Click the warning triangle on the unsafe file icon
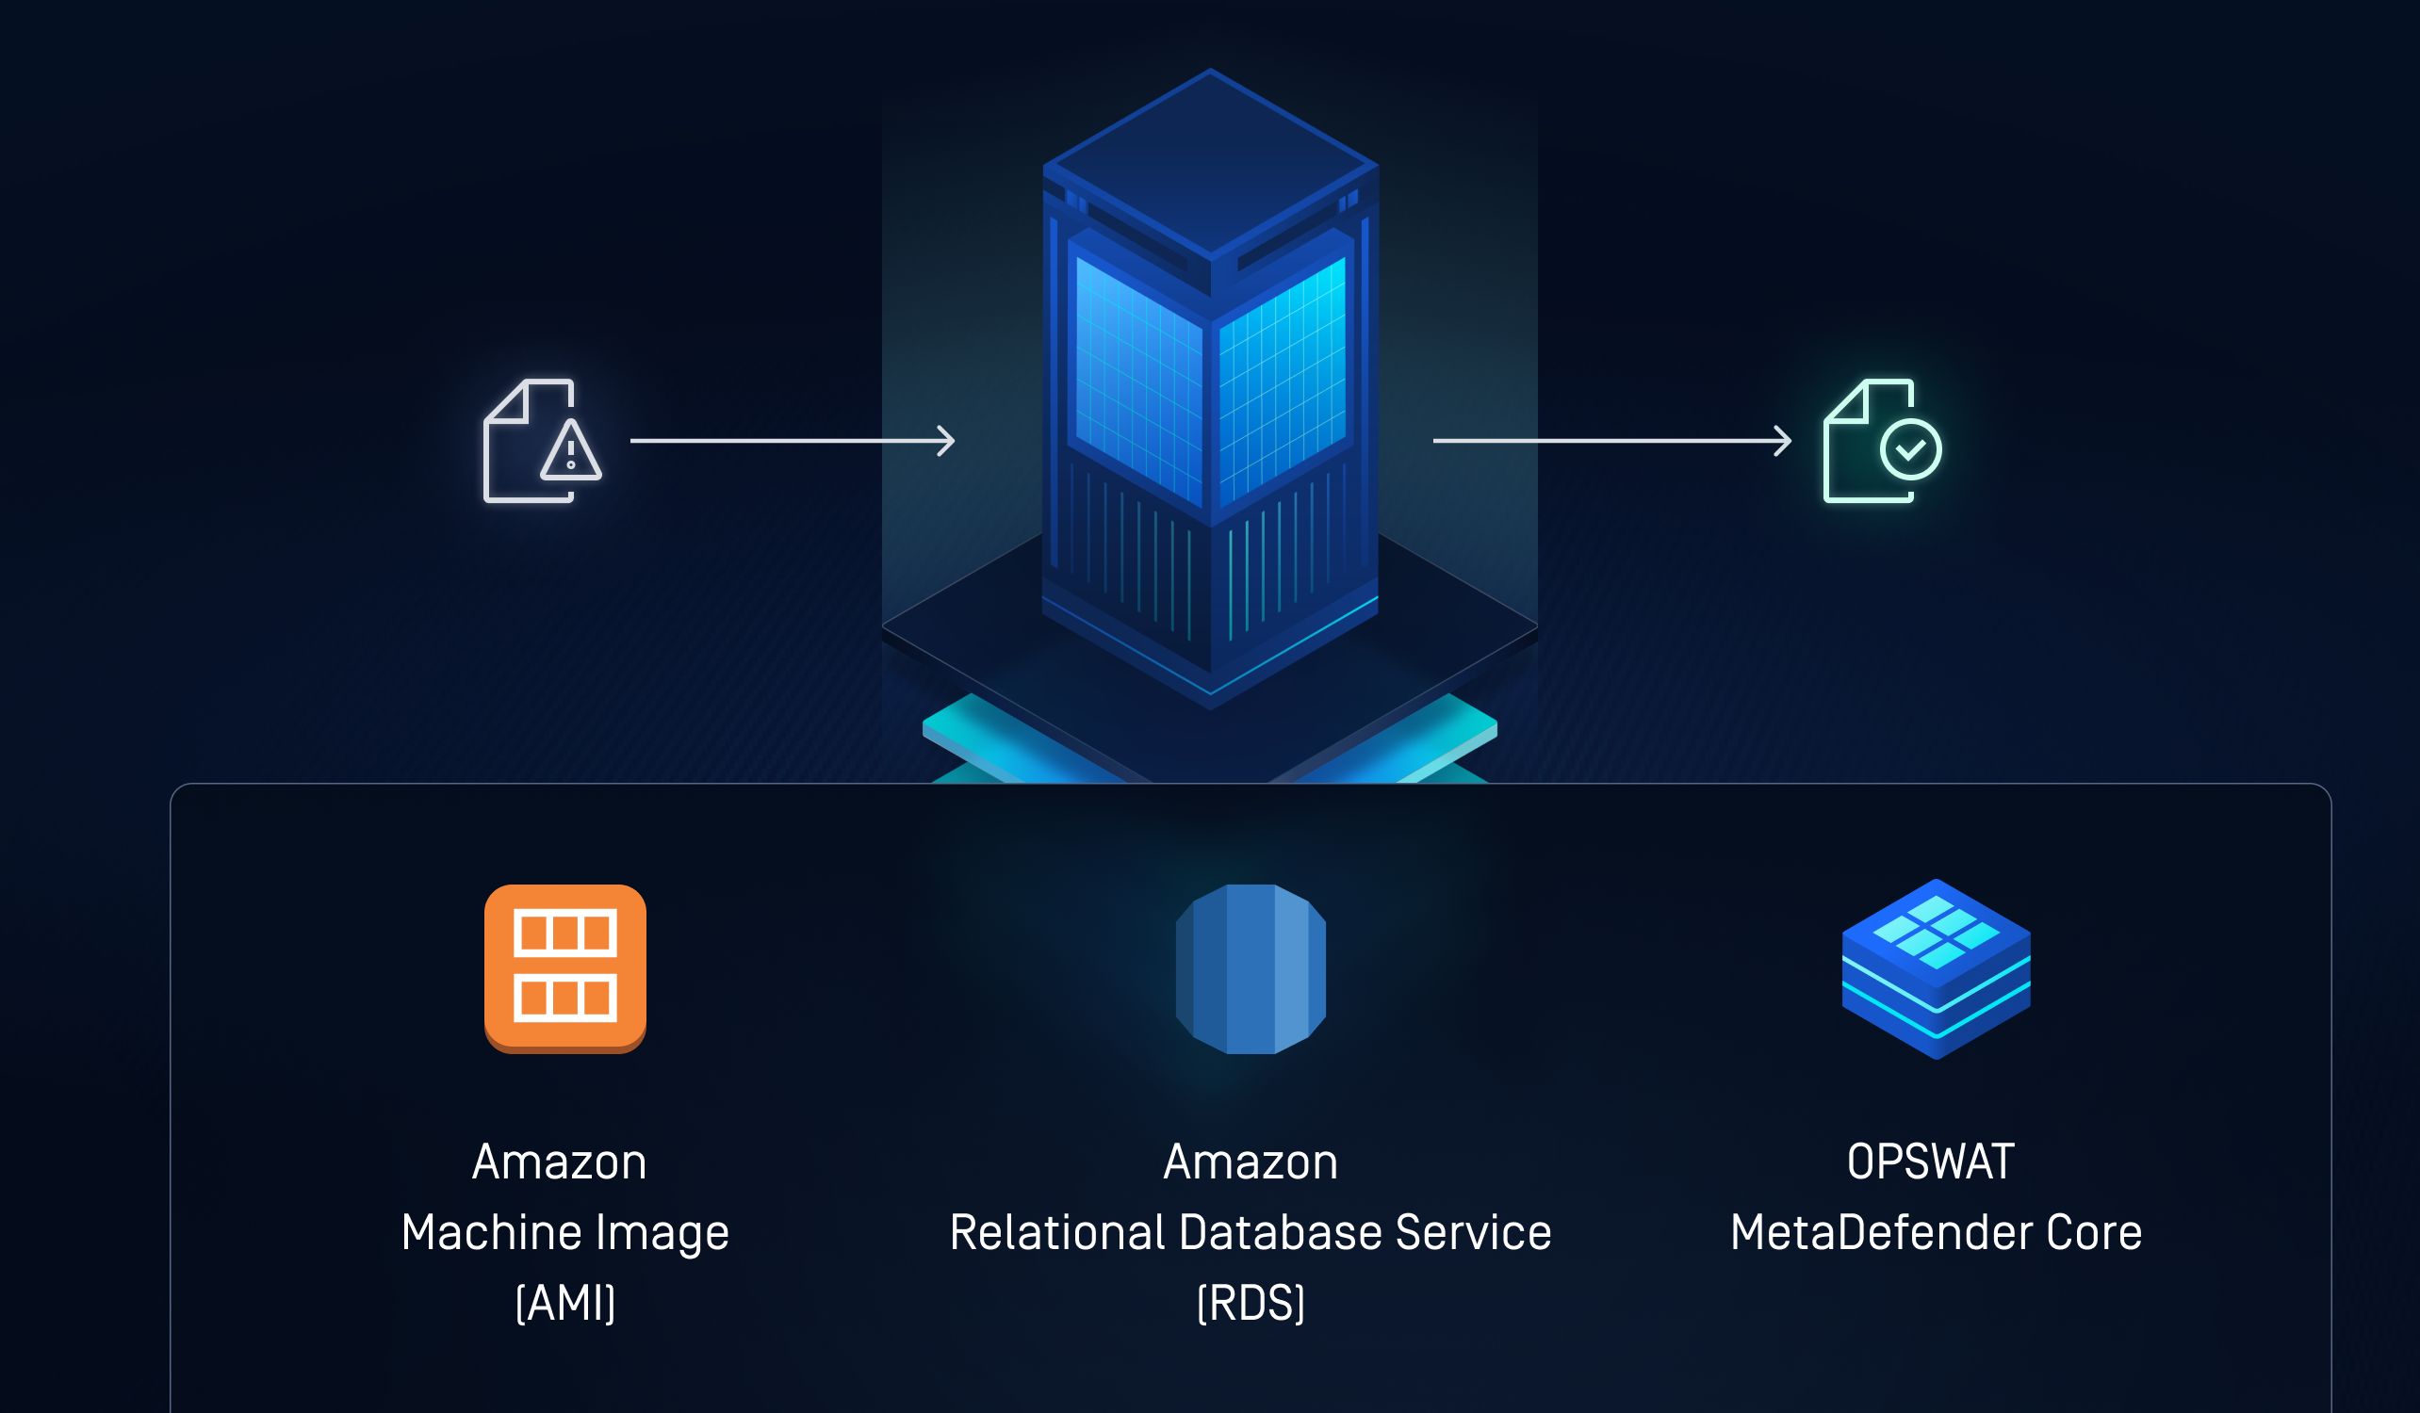tap(570, 451)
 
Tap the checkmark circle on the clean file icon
tap(1910, 448)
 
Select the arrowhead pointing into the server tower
tap(947, 441)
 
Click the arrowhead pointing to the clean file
tap(1782, 441)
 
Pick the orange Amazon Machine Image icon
tap(564, 967)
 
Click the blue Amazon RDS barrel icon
tap(1251, 968)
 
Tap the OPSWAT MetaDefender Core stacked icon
tap(1935, 968)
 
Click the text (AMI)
tap(564, 1303)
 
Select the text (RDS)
tap(1251, 1303)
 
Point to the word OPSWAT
tap(1930, 1162)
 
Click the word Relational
tap(1056, 1232)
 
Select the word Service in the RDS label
tap(1473, 1232)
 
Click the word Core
tap(2094, 1232)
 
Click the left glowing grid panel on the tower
tap(1138, 380)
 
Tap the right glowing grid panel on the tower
tap(1283, 380)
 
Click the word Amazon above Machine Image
tap(559, 1162)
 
